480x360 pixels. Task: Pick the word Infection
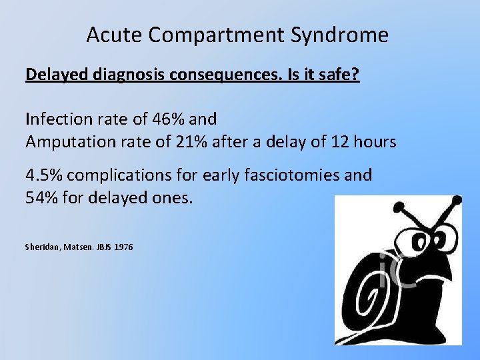[55, 119]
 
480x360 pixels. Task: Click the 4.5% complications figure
[44, 175]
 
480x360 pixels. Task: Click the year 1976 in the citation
[123, 247]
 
